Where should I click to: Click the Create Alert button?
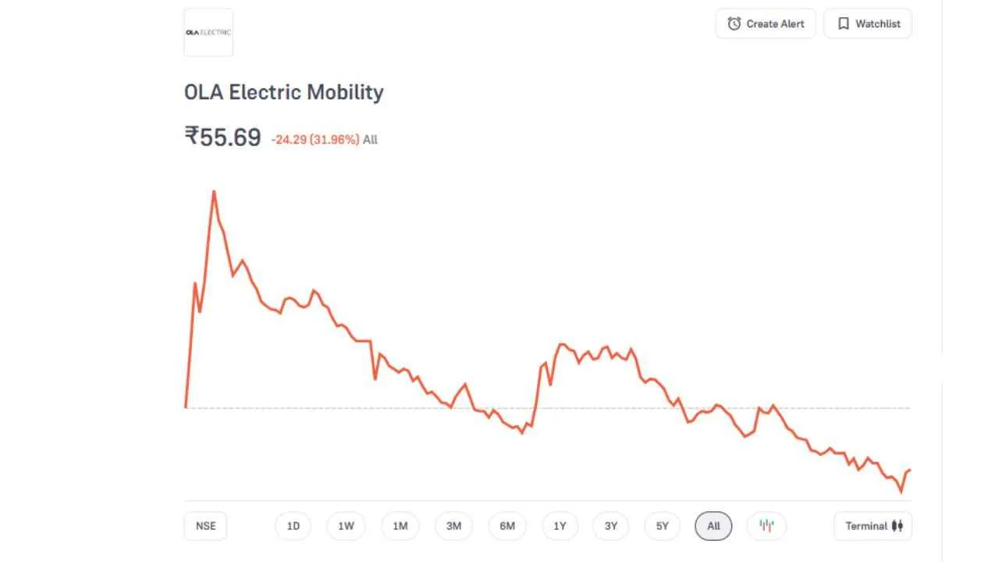pos(765,23)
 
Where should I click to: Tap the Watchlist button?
pos(867,23)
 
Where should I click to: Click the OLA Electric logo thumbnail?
pos(208,32)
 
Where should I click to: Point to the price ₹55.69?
pos(222,137)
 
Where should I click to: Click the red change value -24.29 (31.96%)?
pos(315,140)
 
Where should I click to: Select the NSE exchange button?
pos(205,526)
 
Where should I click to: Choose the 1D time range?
pos(293,526)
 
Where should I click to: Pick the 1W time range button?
pos(346,526)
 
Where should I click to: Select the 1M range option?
pos(400,526)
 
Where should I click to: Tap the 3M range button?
pos(453,526)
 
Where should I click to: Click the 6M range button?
pos(507,526)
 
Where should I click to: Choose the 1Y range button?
pos(560,526)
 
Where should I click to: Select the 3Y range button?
pos(610,526)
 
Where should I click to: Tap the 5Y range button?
pos(662,526)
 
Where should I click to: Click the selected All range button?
pos(713,526)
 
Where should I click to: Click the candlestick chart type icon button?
pos(766,526)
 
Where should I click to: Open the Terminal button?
pos(873,526)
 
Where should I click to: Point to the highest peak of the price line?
pos(214,191)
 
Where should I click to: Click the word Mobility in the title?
pos(345,92)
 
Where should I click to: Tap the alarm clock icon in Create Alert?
pos(734,23)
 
